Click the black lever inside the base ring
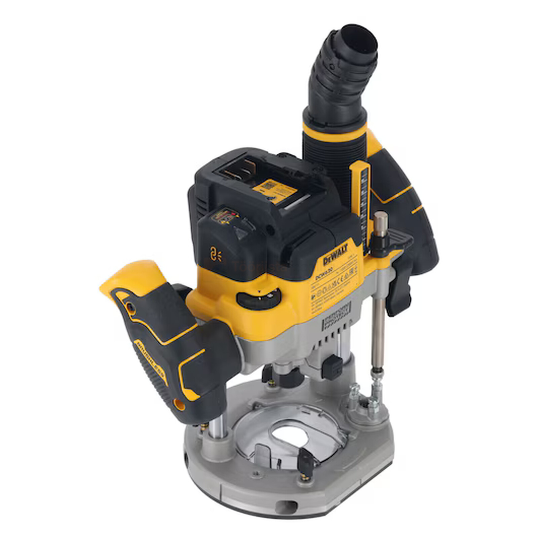(307, 458)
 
